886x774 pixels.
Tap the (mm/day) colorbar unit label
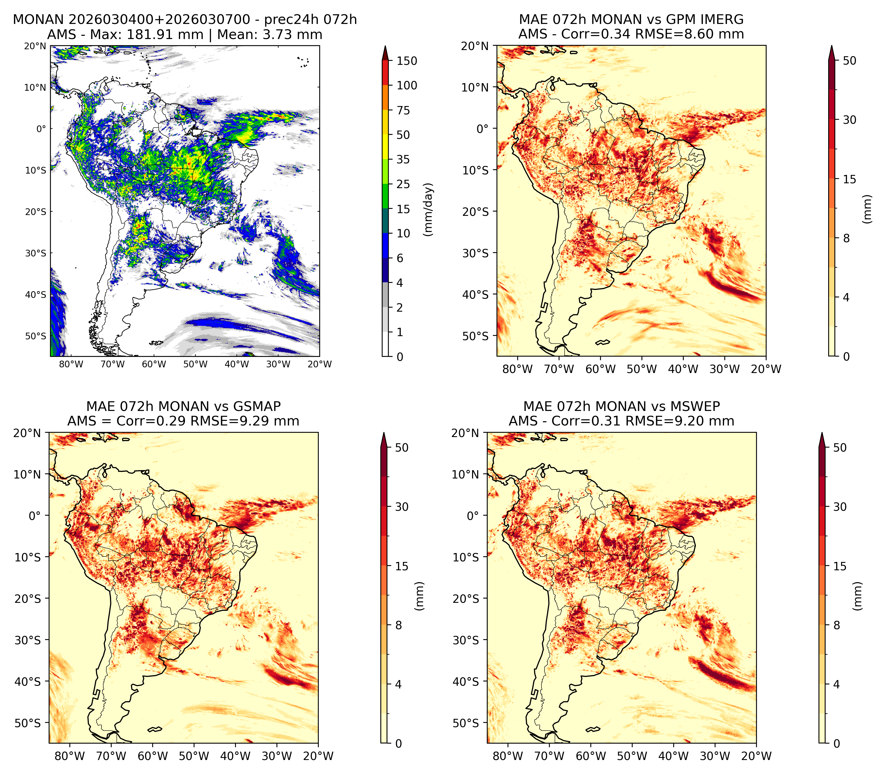pyautogui.click(x=428, y=209)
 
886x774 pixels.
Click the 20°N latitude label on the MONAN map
pyautogui.click(x=34, y=46)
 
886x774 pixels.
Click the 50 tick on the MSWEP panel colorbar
pyautogui.click(x=840, y=448)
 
